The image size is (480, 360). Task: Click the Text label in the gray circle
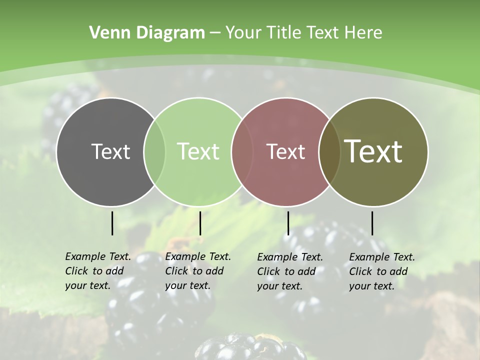[x=110, y=151]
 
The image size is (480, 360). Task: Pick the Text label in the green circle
[x=198, y=151]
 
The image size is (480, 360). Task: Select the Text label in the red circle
[x=285, y=151]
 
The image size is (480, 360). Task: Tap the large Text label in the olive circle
[x=373, y=151]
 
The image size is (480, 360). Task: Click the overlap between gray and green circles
[x=154, y=151]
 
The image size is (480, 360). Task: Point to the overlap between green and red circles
[x=242, y=151]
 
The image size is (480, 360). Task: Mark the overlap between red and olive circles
[x=329, y=151]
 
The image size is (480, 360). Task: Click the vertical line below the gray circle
[x=112, y=223]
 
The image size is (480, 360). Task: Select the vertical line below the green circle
[x=200, y=223]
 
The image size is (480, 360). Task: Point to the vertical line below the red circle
[x=288, y=223]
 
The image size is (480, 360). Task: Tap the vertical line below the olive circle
[x=372, y=223]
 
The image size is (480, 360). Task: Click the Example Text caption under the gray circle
[x=98, y=271]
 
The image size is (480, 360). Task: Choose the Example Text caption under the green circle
[x=198, y=271]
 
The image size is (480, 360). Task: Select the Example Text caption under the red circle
[x=290, y=271]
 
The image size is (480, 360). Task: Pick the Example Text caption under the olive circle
[x=382, y=271]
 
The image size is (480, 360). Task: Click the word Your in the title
[x=243, y=32]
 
